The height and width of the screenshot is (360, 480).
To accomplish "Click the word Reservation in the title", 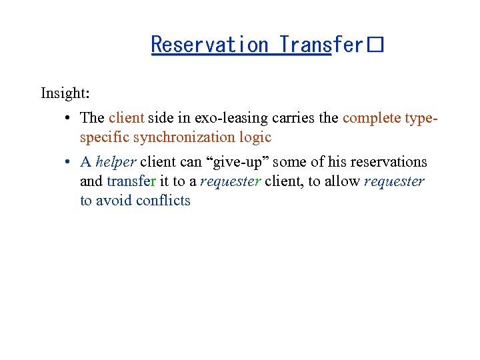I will point(209,45).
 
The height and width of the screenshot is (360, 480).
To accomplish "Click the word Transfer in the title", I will point(321,45).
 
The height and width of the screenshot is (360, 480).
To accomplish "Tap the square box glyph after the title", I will point(375,45).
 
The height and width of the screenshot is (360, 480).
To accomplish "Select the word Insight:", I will point(65,93).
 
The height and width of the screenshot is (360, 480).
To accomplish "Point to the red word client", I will point(126,118).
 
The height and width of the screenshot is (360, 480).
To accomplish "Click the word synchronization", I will point(176,137).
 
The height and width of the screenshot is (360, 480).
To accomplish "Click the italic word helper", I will point(115,162).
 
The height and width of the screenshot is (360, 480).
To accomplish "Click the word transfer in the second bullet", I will point(131,181).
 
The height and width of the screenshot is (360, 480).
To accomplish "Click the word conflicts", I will point(163,201).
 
